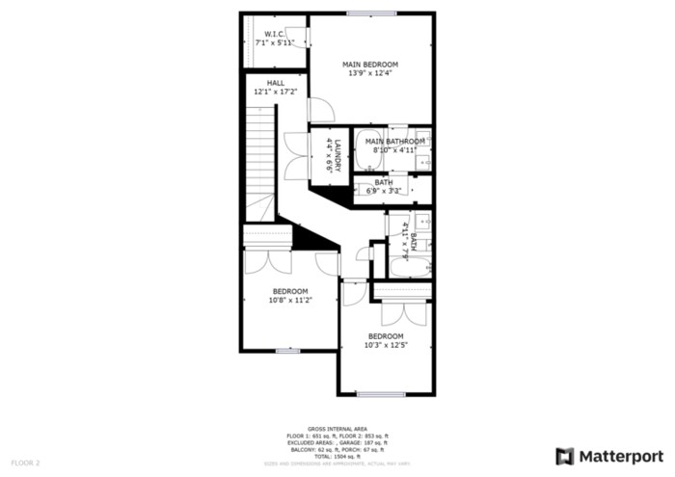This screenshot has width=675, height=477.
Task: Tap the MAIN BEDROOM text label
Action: [370, 65]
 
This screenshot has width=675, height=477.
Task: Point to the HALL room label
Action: [275, 83]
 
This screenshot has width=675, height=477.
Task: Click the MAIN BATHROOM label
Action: [395, 142]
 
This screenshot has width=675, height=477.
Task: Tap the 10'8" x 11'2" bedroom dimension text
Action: [289, 301]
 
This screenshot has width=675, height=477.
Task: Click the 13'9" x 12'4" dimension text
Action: [370, 74]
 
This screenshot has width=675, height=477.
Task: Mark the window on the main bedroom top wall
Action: [371, 13]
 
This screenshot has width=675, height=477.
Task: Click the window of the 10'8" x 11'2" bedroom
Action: [287, 350]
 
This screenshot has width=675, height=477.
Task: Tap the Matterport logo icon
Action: [565, 456]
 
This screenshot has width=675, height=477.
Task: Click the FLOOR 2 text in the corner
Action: [25, 464]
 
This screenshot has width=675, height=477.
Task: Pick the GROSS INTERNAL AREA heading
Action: [337, 429]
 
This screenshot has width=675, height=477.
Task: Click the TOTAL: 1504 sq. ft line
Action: [337, 456]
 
